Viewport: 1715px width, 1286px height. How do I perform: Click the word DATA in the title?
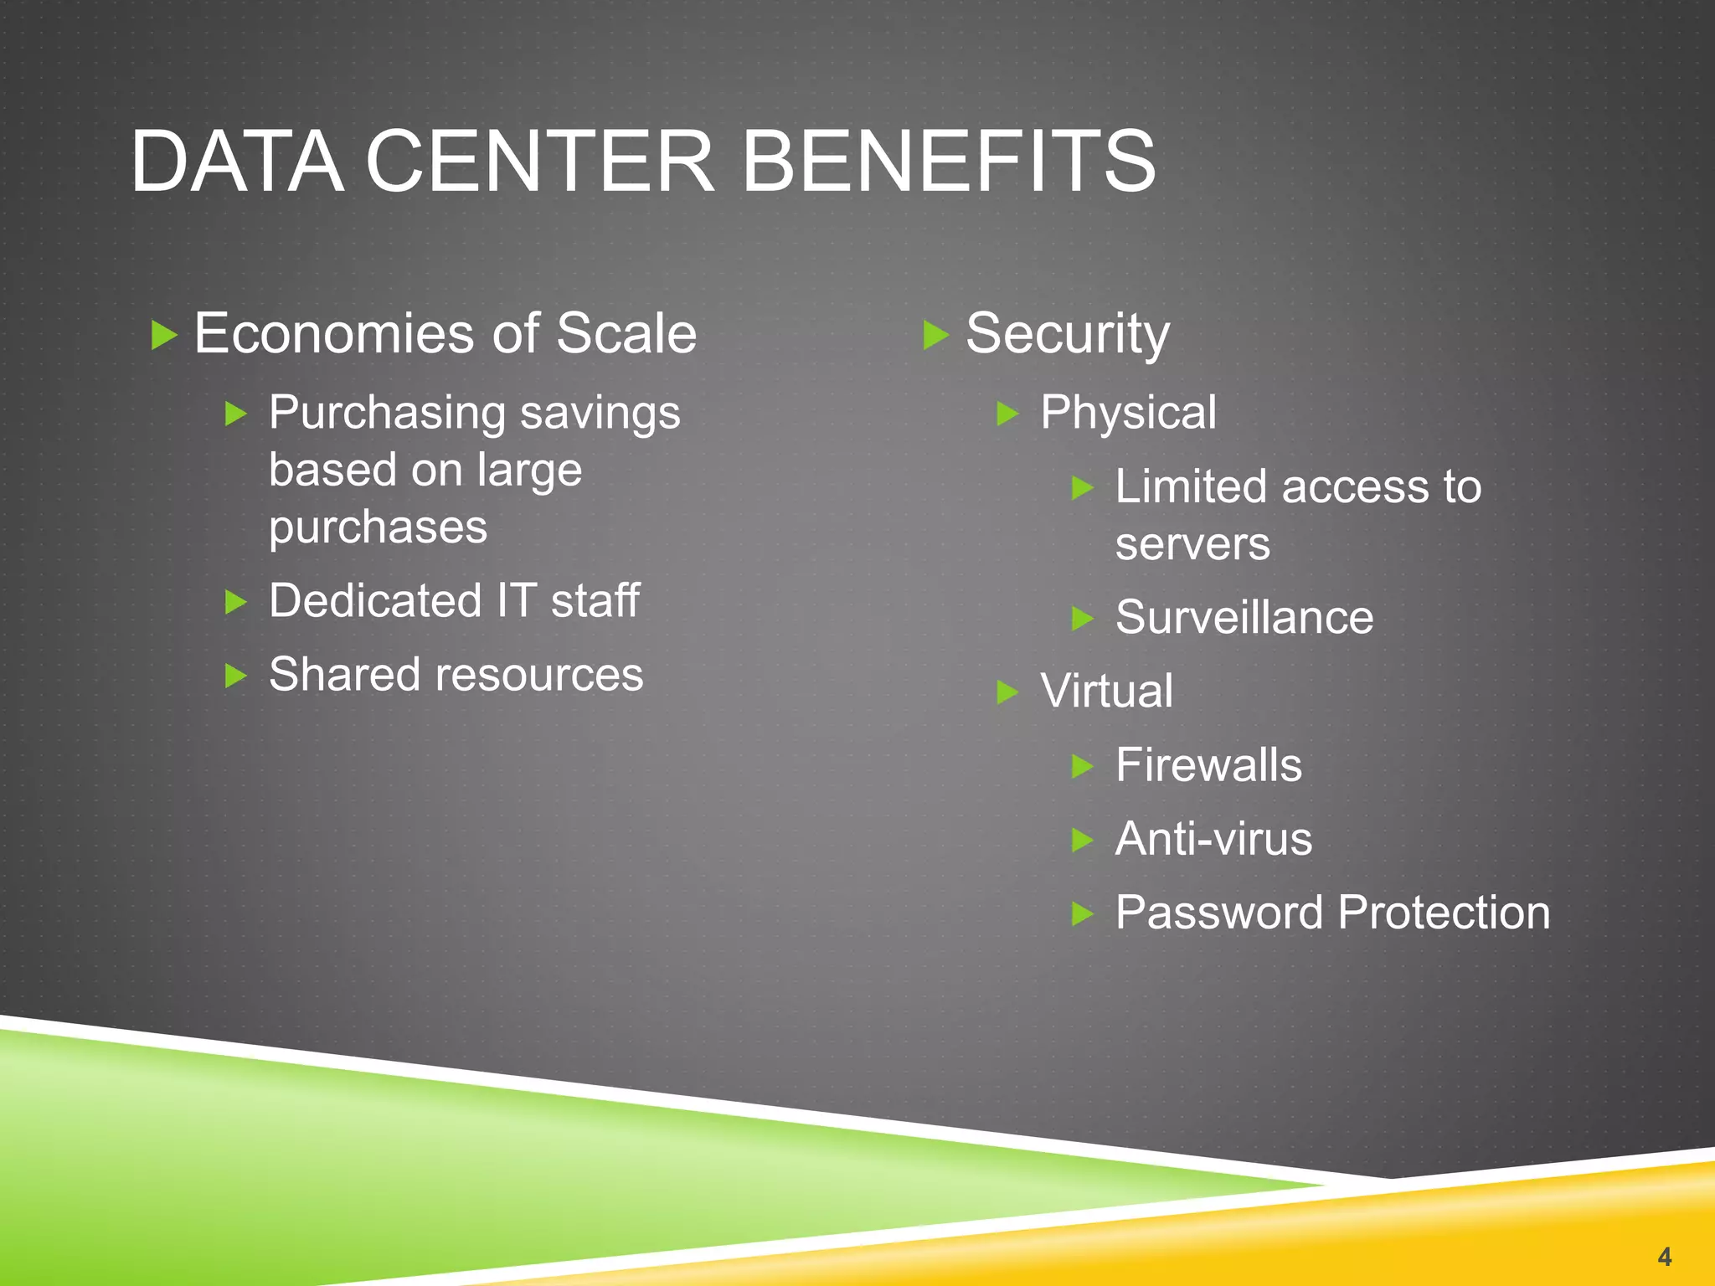(237, 161)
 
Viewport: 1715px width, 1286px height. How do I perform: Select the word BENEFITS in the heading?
(949, 161)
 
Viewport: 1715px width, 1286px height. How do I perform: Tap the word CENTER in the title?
(540, 161)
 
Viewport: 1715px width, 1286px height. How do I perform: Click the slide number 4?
(1664, 1256)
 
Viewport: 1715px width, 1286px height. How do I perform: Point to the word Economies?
(336, 333)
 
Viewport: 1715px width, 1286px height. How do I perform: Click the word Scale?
(626, 333)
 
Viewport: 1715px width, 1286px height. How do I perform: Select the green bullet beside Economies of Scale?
(164, 336)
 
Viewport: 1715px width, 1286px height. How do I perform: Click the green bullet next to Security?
(935, 336)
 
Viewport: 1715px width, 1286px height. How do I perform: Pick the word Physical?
(1128, 413)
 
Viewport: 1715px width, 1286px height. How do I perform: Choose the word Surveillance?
(1244, 618)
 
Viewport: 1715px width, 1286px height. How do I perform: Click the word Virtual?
(1106, 692)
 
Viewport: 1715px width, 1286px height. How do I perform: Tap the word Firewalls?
(1208, 765)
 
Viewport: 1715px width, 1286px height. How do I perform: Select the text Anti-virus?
(1213, 839)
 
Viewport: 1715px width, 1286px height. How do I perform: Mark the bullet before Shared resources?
(236, 676)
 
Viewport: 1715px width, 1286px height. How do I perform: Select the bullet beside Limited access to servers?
(1083, 488)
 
